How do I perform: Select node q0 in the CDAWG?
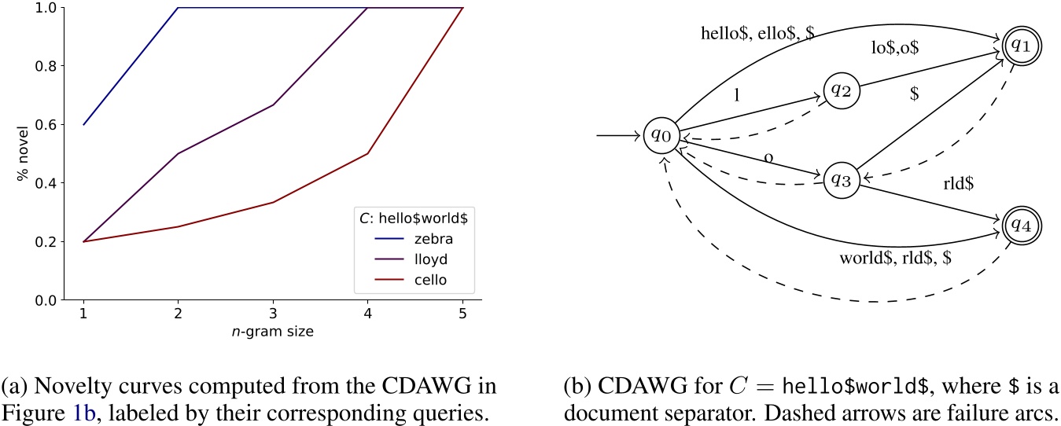click(661, 136)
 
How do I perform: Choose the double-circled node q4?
click(1020, 225)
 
